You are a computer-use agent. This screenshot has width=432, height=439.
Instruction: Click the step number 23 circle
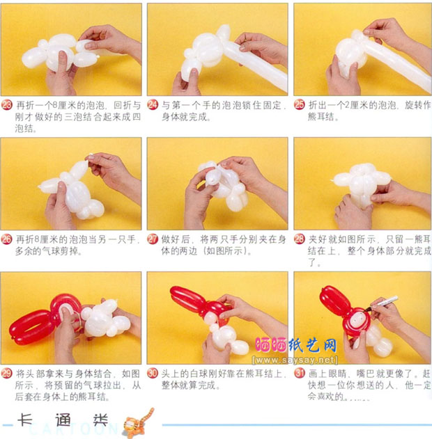click(8, 105)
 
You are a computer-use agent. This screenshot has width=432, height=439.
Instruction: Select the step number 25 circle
click(300, 105)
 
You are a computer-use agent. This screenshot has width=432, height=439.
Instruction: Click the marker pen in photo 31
click(383, 303)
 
